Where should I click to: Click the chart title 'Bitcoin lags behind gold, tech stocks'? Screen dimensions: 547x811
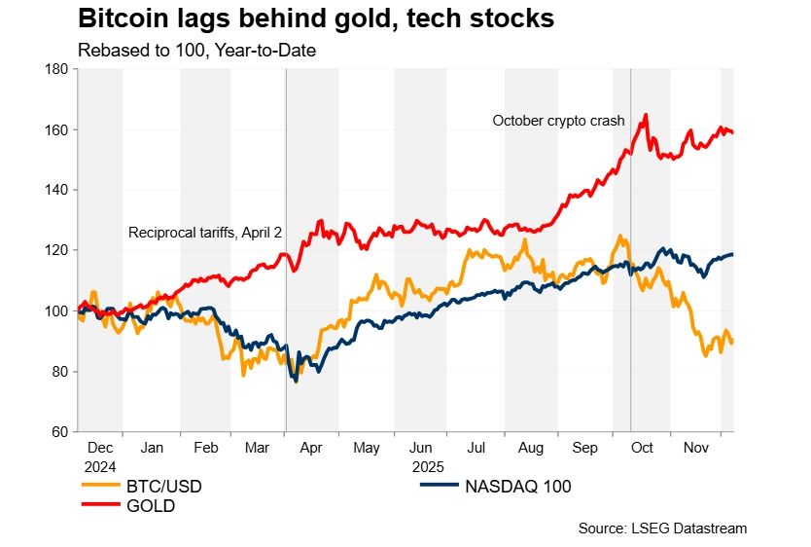tap(315, 18)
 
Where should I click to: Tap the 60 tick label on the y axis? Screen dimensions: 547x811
tap(57, 431)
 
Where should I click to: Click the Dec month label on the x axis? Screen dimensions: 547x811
tap(100, 450)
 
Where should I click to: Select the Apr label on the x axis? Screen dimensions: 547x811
tap(312, 450)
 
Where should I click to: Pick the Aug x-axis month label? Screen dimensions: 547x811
tap(531, 450)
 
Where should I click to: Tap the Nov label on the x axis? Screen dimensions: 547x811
tap(694, 450)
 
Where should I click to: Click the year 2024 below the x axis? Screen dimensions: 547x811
tap(100, 466)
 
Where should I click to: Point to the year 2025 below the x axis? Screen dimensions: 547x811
tap(428, 466)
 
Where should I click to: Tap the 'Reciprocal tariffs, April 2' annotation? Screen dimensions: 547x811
tap(205, 233)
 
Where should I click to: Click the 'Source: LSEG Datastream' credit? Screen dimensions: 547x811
tap(661, 529)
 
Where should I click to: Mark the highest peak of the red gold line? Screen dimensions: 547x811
tap(646, 115)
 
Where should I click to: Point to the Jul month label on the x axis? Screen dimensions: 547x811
tap(476, 450)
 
